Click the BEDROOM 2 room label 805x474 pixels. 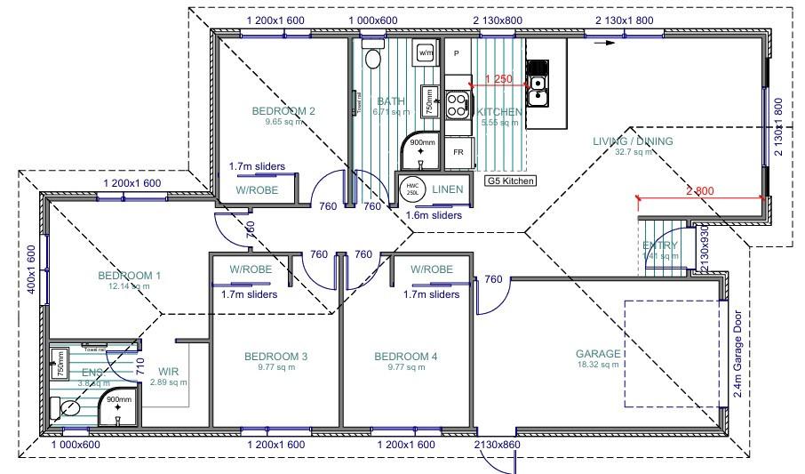283,111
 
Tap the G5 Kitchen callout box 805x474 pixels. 511,181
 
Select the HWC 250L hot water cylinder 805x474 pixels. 411,188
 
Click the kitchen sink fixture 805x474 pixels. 538,91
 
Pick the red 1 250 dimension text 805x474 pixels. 498,79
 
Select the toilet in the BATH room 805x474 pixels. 373,59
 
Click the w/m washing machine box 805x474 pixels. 426,52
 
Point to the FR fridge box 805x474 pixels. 458,152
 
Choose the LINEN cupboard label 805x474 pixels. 446,189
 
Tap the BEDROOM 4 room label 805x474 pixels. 406,357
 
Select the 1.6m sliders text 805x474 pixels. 433,215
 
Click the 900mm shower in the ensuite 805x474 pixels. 118,404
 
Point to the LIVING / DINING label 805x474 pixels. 633,141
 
